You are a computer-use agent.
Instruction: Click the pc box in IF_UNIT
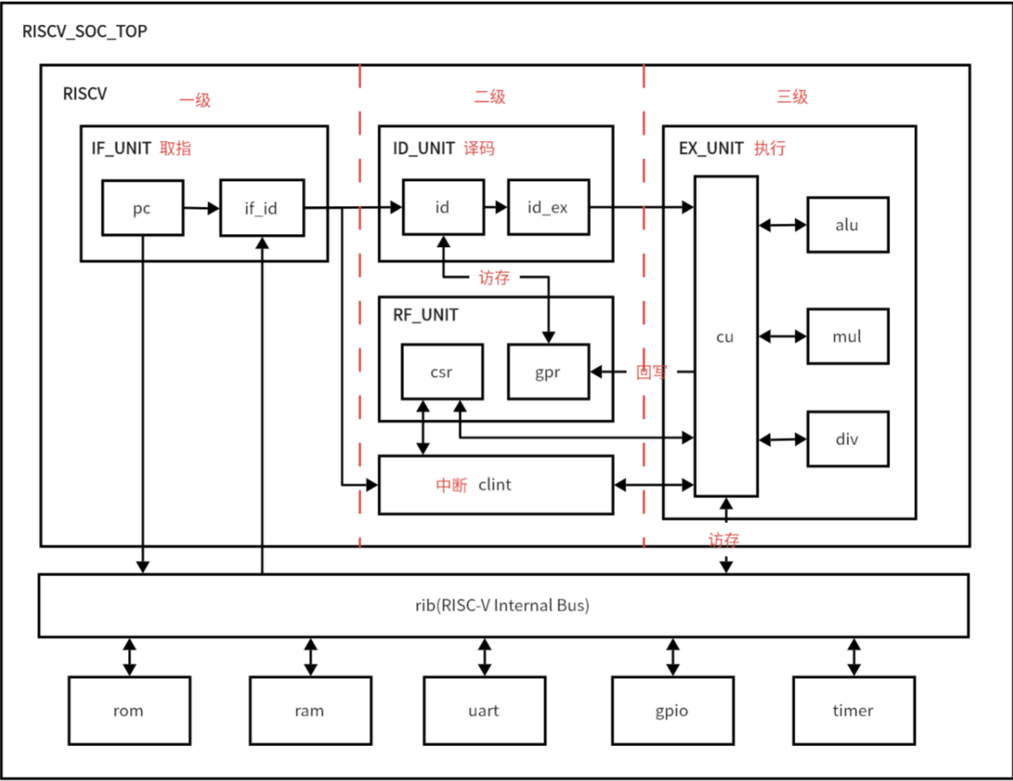142,208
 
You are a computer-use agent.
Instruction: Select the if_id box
261,208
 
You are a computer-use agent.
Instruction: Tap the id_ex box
547,208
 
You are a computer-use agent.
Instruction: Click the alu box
847,225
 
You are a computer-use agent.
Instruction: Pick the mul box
847,336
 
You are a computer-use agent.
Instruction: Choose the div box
847,439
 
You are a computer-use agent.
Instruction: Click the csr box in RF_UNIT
442,372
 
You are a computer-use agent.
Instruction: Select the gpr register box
547,372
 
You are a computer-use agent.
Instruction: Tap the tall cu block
725,336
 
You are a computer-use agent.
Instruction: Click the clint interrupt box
495,484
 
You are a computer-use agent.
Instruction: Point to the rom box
128,710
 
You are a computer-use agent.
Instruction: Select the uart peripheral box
484,710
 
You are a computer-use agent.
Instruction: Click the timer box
852,710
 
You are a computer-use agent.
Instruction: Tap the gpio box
672,710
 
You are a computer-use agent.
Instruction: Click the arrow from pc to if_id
201,208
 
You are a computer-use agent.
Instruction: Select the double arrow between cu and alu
782,226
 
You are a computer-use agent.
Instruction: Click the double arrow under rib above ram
310,656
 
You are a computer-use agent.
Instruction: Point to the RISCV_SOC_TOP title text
85,32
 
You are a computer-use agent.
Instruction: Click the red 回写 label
653,373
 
